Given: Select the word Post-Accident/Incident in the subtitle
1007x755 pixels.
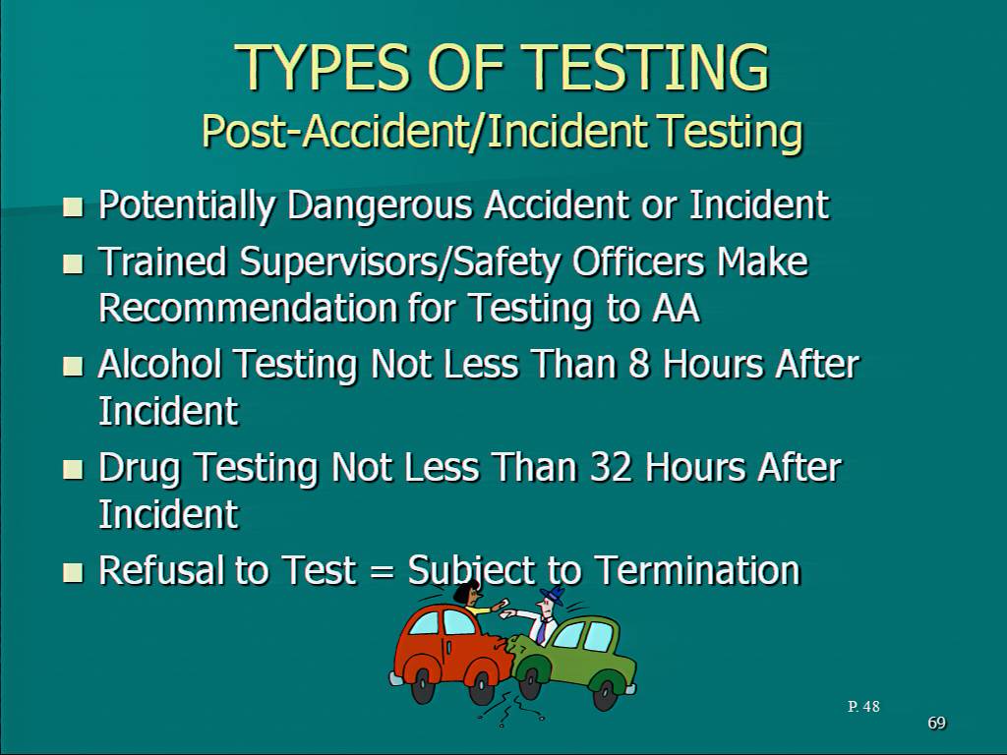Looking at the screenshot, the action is click(425, 131).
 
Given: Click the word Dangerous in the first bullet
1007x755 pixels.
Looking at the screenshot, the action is click(381, 205).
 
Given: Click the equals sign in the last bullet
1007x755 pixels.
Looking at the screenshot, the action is click(382, 571).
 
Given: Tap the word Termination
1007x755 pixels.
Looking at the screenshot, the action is click(697, 569).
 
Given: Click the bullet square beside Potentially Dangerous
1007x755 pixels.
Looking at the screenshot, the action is click(74, 206).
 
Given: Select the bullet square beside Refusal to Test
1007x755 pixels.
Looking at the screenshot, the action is click(74, 571).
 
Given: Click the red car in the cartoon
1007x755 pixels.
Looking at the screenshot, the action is click(450, 655).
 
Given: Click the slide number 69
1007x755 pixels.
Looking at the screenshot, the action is click(936, 723).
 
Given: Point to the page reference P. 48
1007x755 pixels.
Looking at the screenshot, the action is click(863, 706).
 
